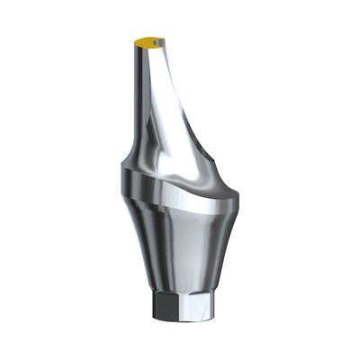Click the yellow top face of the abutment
pyautogui.click(x=147, y=41)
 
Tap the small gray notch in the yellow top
pyautogui.click(x=158, y=40)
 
